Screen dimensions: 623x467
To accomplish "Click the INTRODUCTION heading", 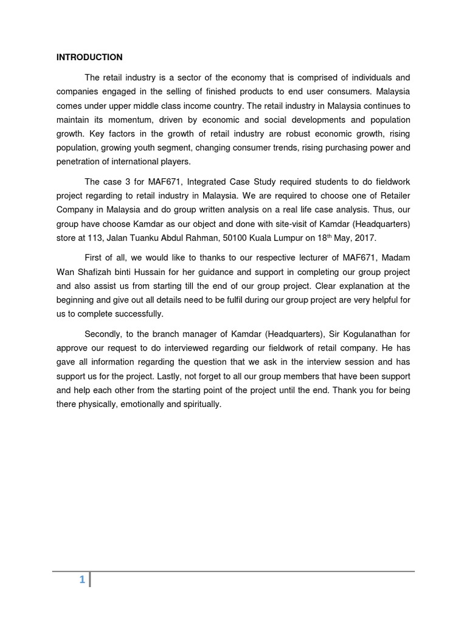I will click(x=89, y=57).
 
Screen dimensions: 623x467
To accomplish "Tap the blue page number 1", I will click(x=81, y=580).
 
